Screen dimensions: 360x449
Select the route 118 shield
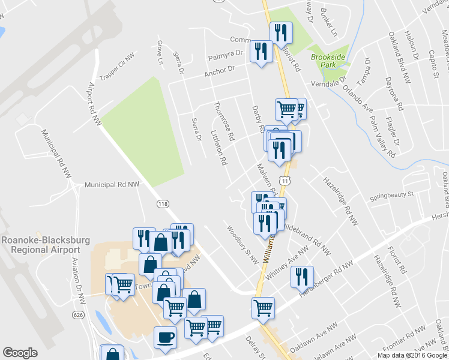click(x=163, y=204)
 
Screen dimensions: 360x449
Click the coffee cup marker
click(x=165, y=337)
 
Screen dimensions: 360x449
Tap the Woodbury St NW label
click(x=242, y=245)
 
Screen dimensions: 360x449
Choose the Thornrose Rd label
click(x=224, y=121)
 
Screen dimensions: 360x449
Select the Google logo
click(x=20, y=353)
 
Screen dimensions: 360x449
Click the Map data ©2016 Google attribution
click(x=411, y=355)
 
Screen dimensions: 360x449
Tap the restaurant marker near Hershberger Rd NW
click(x=303, y=277)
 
